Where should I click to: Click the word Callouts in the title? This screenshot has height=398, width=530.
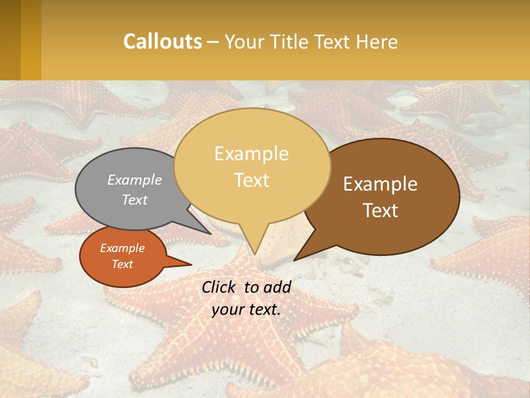[x=162, y=41]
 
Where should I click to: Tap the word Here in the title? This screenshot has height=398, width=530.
[x=377, y=41]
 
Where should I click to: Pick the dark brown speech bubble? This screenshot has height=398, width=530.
[x=386, y=196]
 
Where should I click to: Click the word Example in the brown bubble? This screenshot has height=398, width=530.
[x=380, y=184]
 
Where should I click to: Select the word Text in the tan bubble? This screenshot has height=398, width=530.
[x=252, y=180]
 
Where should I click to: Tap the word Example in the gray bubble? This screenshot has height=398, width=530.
[x=135, y=180]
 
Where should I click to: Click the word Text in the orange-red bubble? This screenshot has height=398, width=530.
[x=123, y=264]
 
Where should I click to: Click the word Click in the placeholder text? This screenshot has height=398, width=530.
[x=220, y=287]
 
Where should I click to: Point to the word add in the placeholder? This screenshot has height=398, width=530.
[x=278, y=287]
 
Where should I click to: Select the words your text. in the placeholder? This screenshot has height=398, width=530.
[x=246, y=310]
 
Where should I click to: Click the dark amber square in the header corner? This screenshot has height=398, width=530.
[x=10, y=40]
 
